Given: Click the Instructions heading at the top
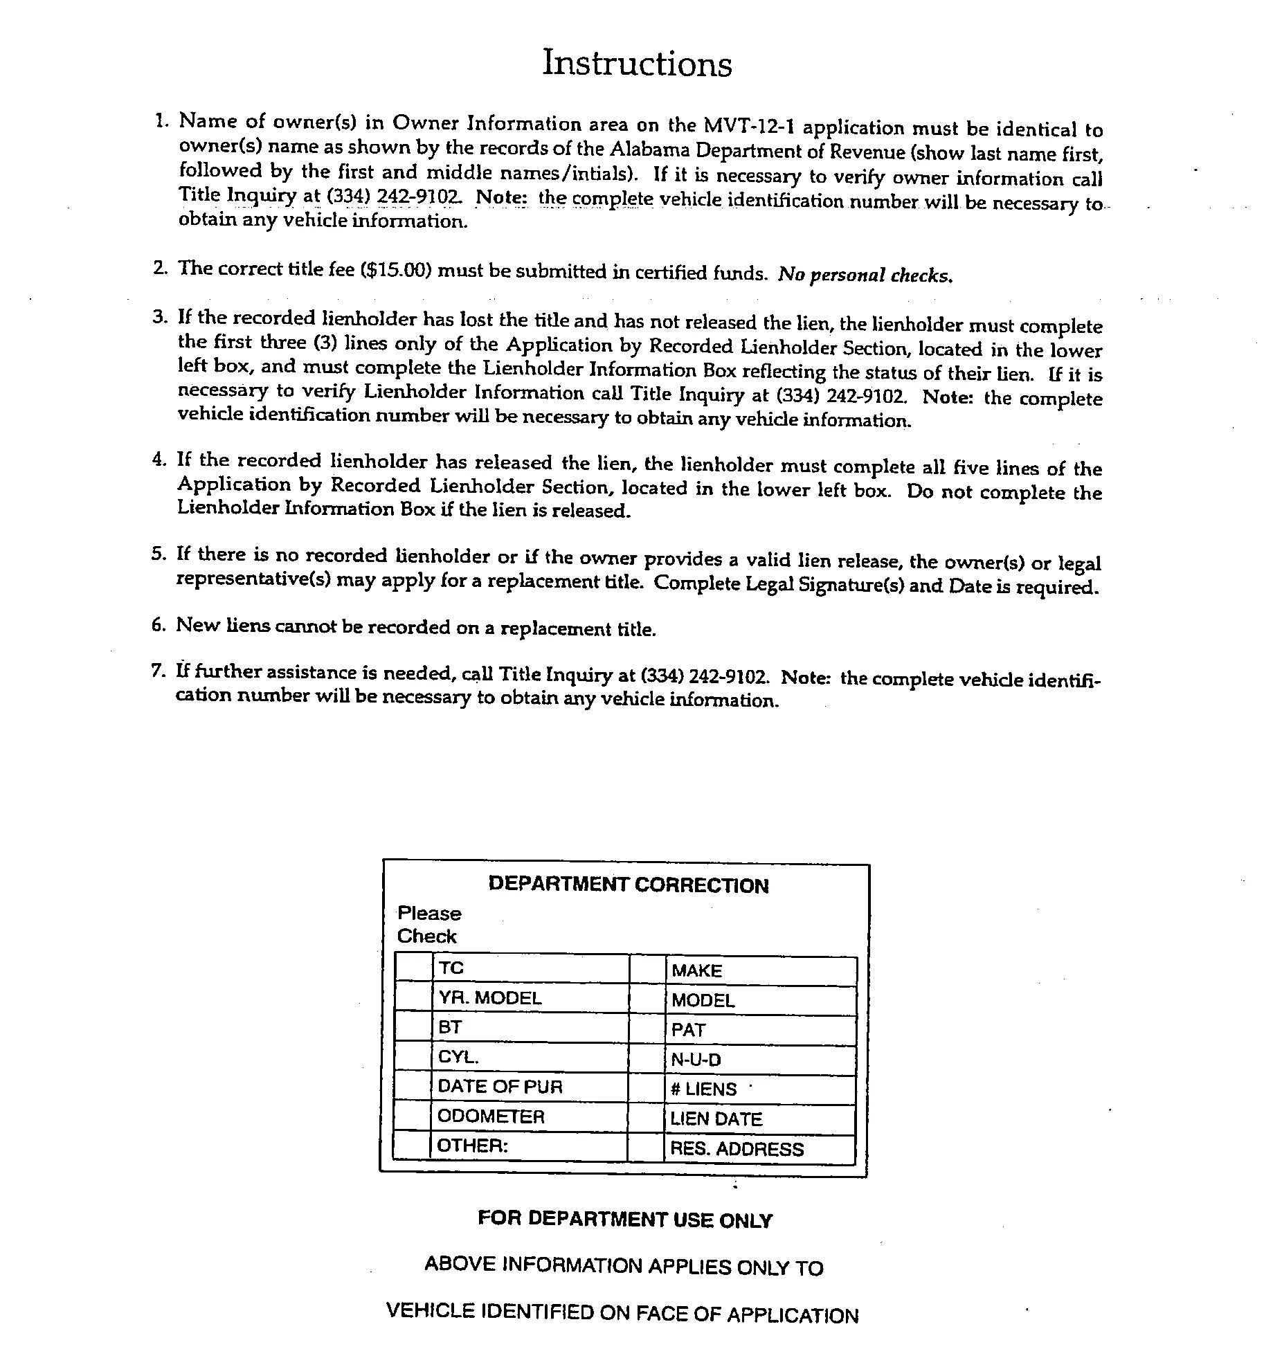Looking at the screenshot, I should [637, 64].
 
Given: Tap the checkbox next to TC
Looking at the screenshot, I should [414, 968].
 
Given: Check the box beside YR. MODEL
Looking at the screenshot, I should [414, 998].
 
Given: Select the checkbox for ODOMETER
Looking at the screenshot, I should [413, 1116].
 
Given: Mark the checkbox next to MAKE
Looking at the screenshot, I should [648, 970].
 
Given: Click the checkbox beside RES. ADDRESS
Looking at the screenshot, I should [647, 1149].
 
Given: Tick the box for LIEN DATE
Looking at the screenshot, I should [647, 1119].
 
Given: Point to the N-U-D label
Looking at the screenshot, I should [696, 1060].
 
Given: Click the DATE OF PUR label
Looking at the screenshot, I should [500, 1087].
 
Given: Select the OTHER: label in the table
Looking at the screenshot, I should [473, 1146].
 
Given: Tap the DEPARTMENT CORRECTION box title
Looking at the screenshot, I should [628, 885].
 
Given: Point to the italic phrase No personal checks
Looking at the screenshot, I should [865, 275].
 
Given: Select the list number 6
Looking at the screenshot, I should [158, 625].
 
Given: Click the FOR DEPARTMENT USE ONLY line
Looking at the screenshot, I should [625, 1220].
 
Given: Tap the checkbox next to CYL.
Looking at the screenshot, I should [413, 1058].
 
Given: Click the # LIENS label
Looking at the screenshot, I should [703, 1089].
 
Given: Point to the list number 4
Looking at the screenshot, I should [159, 460].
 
